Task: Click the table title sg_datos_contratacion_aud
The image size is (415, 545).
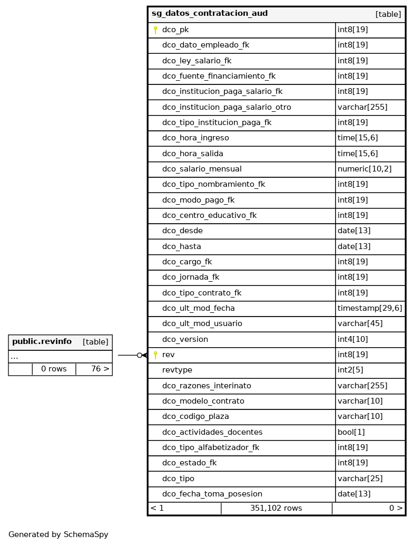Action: coord(210,14)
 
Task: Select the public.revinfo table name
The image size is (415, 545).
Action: coord(42,342)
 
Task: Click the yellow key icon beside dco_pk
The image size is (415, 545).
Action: coord(155,30)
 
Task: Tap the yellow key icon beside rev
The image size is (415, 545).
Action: coord(155,355)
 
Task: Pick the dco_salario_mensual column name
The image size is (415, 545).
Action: coord(202,169)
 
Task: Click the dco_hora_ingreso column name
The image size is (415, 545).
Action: coord(195,138)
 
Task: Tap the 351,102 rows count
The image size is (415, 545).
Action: coord(276,508)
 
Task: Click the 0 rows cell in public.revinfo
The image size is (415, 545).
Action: coord(54,369)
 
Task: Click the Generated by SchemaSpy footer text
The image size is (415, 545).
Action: coord(58,534)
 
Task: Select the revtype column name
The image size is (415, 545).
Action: coord(177,370)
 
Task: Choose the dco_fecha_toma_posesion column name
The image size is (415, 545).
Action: coord(212,494)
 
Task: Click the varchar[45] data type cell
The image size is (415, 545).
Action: coord(360,323)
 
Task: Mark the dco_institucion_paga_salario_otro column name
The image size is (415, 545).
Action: coord(226,107)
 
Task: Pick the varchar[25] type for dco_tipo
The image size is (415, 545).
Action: coord(360,479)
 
